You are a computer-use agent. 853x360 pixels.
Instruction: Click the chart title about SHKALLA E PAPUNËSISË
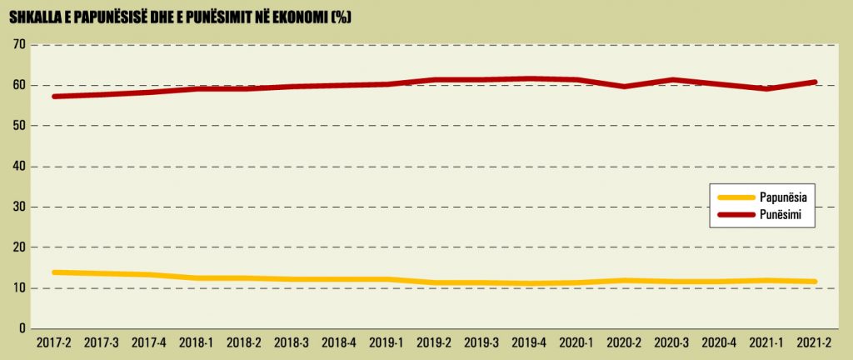coord(178,17)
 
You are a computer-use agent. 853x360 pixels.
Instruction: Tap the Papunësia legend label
coord(786,197)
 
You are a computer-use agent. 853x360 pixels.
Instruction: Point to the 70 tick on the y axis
coord(17,45)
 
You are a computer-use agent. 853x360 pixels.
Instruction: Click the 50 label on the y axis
coord(17,126)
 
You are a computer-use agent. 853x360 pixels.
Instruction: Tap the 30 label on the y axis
coord(17,207)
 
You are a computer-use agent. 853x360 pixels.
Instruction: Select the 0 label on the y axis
coord(21,328)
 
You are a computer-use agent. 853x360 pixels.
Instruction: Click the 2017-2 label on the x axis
coord(55,342)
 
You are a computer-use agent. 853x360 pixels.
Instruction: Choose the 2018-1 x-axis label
coord(197,342)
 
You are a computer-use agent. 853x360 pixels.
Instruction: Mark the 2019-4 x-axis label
coord(530,342)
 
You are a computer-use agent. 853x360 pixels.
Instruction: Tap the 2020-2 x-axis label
coord(625,342)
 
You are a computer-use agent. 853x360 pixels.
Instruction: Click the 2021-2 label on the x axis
coord(815,342)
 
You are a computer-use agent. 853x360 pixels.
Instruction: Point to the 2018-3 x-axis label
coord(292,342)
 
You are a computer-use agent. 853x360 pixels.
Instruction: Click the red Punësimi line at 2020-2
coord(625,87)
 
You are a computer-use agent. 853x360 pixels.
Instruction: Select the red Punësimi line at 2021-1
coord(767,88)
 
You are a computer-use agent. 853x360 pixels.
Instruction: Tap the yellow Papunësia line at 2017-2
coord(55,272)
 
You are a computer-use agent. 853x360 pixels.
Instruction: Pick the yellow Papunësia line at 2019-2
coord(435,283)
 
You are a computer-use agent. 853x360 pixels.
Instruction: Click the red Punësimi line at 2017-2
coord(55,97)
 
